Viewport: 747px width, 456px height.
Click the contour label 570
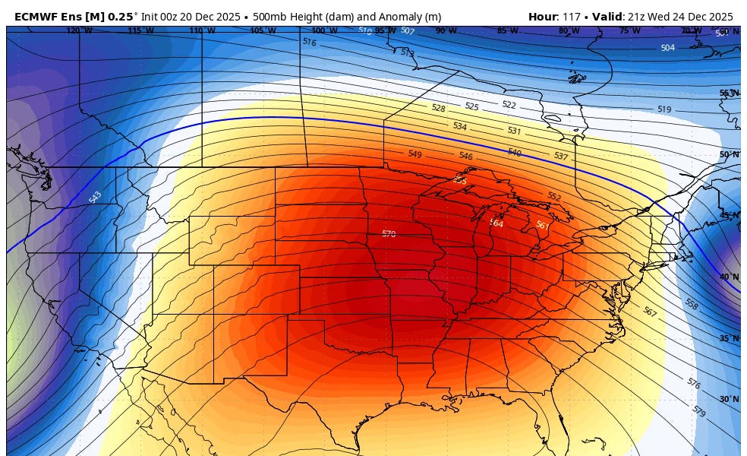point(389,234)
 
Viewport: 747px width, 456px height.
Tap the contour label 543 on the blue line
point(95,198)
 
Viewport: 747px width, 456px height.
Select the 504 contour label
point(667,48)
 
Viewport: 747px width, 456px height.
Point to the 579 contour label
point(699,410)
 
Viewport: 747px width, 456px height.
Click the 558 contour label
point(691,304)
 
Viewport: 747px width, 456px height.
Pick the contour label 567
point(650,312)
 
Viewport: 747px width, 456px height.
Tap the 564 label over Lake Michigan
point(496,223)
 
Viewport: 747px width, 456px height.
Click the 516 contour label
point(309,43)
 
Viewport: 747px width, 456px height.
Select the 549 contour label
point(414,154)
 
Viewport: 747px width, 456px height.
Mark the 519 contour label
point(663,109)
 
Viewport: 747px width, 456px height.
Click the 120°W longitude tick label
point(74,31)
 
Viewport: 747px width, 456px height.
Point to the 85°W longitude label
point(507,31)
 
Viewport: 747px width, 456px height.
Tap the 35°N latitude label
point(729,338)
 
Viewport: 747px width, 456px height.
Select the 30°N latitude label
point(729,399)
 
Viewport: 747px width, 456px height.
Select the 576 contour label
point(693,383)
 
